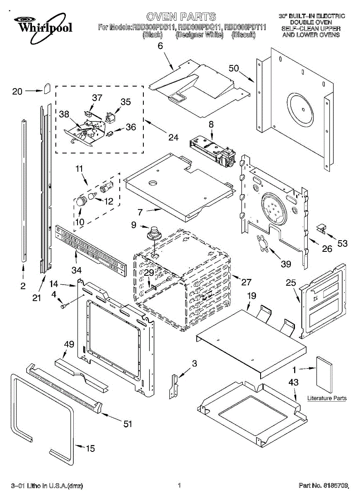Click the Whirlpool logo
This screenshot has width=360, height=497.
43,27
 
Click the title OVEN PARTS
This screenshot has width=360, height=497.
181,17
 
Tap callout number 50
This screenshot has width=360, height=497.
234,68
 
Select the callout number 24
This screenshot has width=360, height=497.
173,138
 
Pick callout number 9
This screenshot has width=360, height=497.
134,225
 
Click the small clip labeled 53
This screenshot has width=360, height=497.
322,229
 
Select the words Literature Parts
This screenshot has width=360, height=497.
327,398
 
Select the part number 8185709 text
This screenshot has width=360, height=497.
335,485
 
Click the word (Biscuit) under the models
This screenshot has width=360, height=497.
244,35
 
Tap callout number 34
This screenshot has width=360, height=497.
77,270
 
